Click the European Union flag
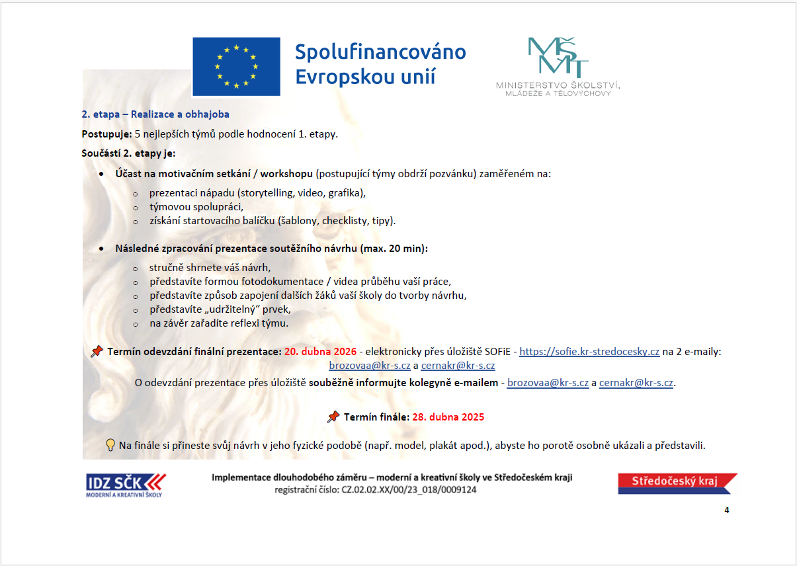(236, 66)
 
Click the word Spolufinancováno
(380, 52)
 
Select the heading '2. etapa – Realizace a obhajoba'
(155, 114)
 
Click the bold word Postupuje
(106, 134)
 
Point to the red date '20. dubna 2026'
(320, 352)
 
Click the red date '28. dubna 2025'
(448, 417)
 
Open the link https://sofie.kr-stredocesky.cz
(589, 352)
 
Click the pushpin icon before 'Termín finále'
(334, 417)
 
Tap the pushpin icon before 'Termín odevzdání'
(97, 351)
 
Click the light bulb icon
(110, 445)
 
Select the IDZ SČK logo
(126, 484)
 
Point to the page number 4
(727, 510)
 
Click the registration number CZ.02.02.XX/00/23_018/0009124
(408, 490)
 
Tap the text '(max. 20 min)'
(394, 249)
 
